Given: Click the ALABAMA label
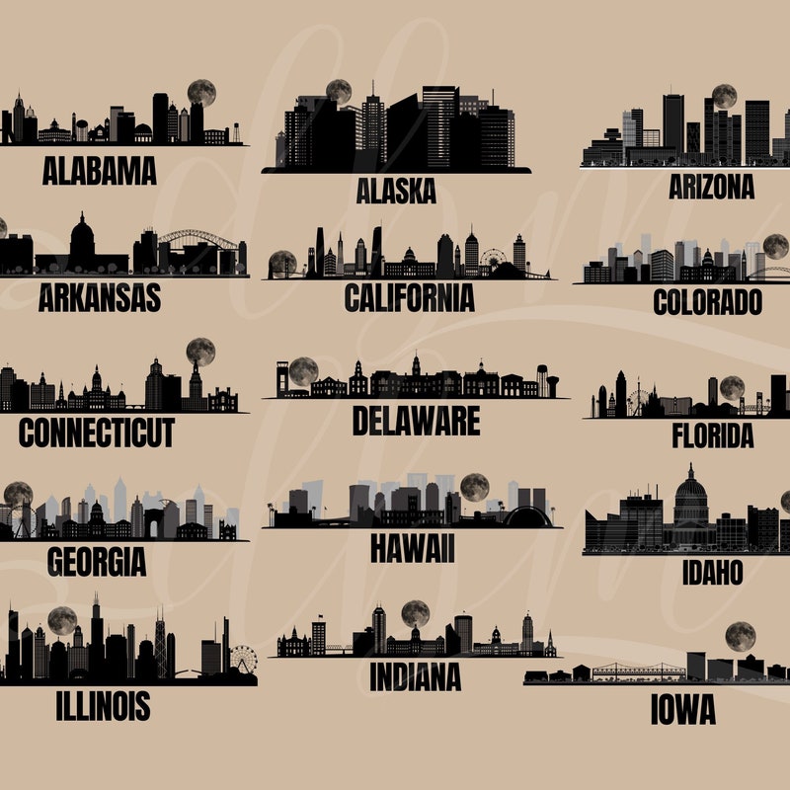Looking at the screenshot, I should tap(99, 171).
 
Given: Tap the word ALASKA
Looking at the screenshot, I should tap(395, 191).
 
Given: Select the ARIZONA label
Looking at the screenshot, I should tap(710, 186).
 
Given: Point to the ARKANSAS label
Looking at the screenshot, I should tap(99, 297).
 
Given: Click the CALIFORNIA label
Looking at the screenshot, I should tap(409, 297).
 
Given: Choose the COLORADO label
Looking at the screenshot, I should tap(707, 301).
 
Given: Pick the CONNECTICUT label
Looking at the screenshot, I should tap(96, 432).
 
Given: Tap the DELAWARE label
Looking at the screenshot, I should tap(416, 421).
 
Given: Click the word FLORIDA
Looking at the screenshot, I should tap(712, 434).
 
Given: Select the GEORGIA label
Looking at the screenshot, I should tap(96, 561).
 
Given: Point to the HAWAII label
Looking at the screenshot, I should tap(412, 548).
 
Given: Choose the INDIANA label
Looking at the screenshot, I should tap(415, 676).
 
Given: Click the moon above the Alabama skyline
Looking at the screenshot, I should tap(201, 93).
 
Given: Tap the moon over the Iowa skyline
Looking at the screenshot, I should tap(740, 636).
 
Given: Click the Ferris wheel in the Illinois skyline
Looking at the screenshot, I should tap(243, 659).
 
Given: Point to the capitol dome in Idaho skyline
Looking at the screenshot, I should tap(690, 499).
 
